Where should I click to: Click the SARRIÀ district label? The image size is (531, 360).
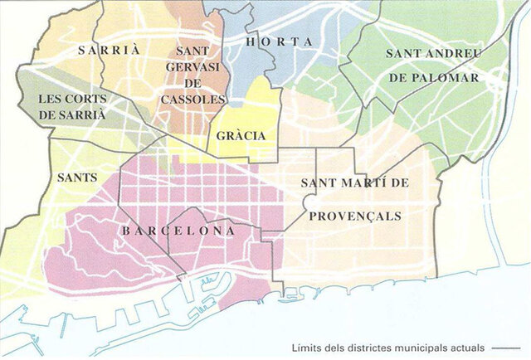pos(110,50)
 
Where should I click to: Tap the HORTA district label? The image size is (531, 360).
pos(278,41)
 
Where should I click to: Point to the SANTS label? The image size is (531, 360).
pos(77,178)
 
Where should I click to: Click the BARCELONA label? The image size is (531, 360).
pos(178,231)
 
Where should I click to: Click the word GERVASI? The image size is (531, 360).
pos(192,67)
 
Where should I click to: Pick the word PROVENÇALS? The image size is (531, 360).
pos(355,216)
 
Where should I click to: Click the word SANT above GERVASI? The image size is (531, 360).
pos(192,51)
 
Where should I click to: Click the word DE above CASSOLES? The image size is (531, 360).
pos(192,84)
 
